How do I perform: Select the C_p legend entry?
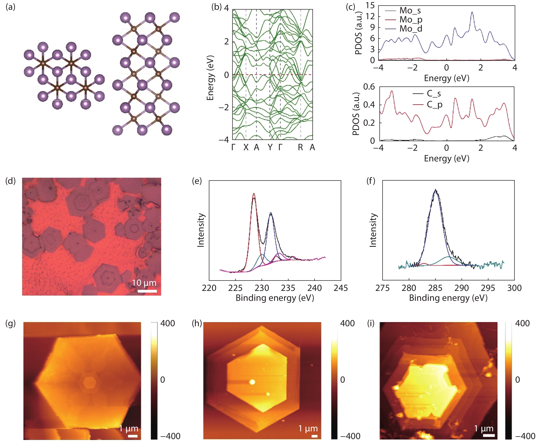435,105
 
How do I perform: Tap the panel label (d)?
10,181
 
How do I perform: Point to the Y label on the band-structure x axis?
270,147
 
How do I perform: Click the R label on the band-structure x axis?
300,147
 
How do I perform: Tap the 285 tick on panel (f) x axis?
435,288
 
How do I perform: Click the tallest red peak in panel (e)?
254,194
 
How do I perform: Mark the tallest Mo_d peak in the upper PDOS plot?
472,12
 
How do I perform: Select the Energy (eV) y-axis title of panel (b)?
210,78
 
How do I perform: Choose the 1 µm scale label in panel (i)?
484,428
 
